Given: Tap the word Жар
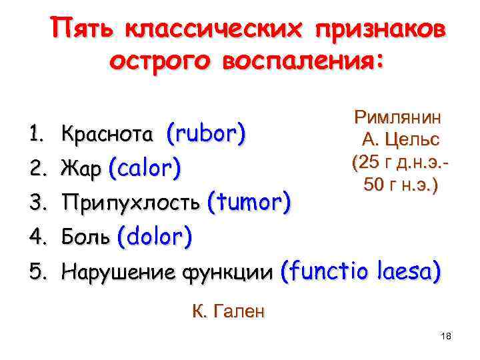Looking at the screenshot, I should coord(81,169).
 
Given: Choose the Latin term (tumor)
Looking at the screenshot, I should coord(249,202).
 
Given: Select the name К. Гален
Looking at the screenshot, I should coord(228,311).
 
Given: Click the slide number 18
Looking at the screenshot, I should coord(446,337).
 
